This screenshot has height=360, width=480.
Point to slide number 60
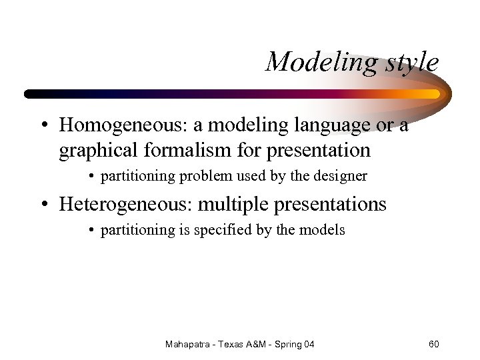(433, 344)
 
